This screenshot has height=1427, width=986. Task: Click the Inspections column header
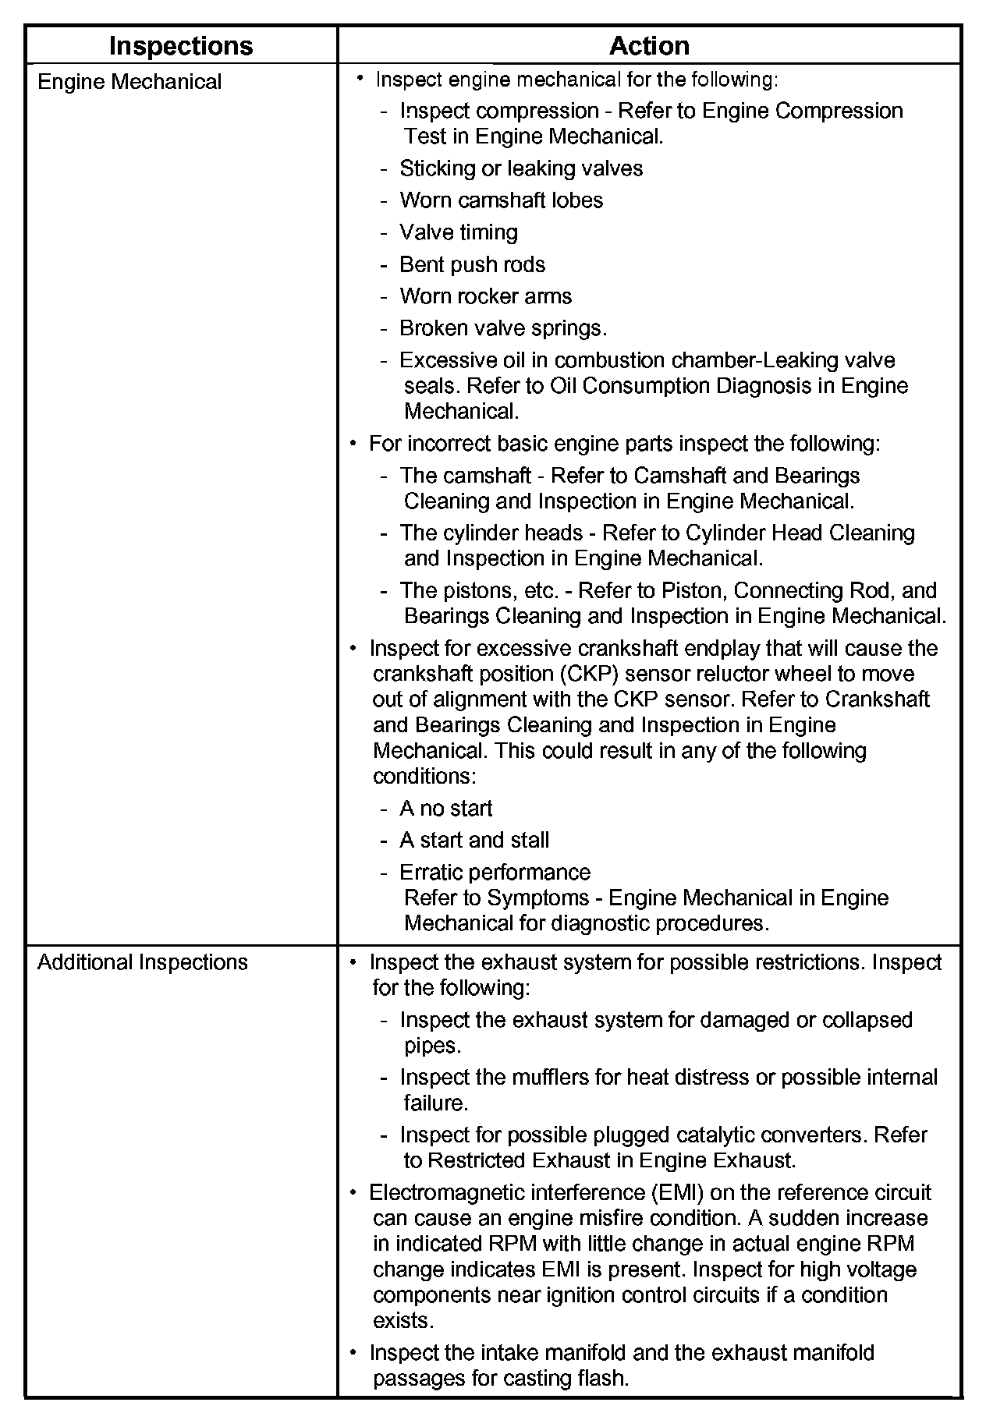pyautogui.click(x=181, y=46)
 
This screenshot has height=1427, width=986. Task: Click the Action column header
pyautogui.click(x=649, y=46)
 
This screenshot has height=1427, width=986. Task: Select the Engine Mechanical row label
pyautogui.click(x=129, y=82)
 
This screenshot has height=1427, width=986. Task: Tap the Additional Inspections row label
pyautogui.click(x=143, y=962)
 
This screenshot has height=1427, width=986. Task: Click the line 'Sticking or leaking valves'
pyautogui.click(x=521, y=168)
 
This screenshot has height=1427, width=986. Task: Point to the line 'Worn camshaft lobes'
pyautogui.click(x=501, y=200)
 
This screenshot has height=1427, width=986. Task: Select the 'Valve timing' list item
pyautogui.click(x=459, y=232)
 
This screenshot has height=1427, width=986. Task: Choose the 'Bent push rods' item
pyautogui.click(x=472, y=264)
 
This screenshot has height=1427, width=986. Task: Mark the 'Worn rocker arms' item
pyautogui.click(x=485, y=296)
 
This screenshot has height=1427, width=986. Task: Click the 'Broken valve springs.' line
pyautogui.click(x=503, y=328)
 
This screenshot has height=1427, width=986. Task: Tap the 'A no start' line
pyautogui.click(x=445, y=809)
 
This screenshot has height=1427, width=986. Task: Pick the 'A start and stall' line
pyautogui.click(x=474, y=840)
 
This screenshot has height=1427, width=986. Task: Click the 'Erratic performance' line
pyautogui.click(x=495, y=872)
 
